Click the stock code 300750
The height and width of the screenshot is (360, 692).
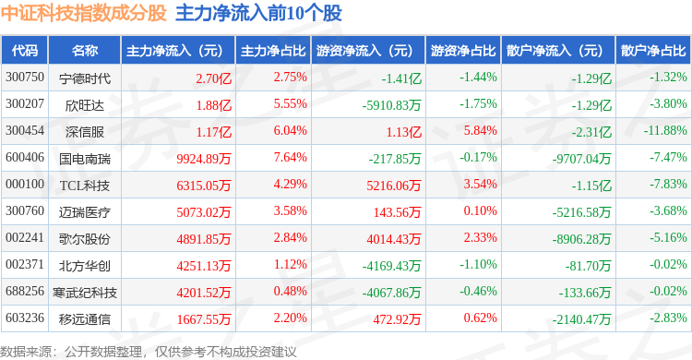click(25, 78)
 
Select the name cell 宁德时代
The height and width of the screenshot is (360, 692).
click(84, 78)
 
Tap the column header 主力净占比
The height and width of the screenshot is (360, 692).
click(273, 51)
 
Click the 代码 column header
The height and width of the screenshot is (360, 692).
click(25, 51)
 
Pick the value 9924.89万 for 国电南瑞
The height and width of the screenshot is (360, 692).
click(204, 159)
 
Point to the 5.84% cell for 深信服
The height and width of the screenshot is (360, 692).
click(480, 131)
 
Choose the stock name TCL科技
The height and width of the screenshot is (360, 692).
click(84, 186)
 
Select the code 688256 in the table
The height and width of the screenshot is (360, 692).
click(25, 291)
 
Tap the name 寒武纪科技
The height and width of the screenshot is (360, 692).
click(84, 293)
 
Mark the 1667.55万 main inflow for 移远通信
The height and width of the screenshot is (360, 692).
click(204, 319)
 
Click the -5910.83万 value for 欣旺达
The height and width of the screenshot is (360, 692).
click(391, 105)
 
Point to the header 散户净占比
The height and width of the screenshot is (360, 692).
click(653, 51)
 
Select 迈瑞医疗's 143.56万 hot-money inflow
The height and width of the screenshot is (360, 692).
click(397, 212)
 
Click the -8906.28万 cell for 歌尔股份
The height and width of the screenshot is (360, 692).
click(581, 239)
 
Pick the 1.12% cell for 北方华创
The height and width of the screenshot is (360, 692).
click(290, 265)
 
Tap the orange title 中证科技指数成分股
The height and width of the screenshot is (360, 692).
click(83, 13)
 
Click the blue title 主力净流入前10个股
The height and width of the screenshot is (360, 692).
click(258, 13)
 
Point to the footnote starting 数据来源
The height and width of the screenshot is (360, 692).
click(149, 352)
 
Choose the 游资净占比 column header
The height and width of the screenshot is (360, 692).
click(463, 51)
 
